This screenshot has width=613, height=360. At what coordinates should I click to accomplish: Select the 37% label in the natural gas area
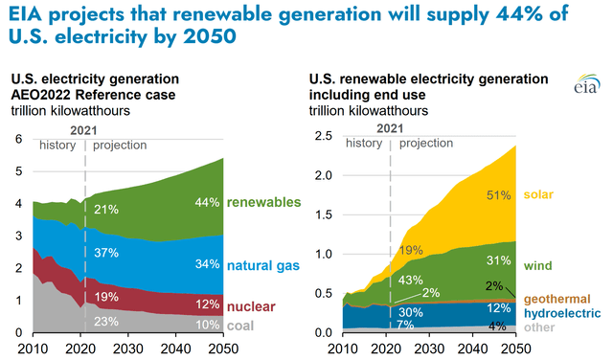(x=105, y=253)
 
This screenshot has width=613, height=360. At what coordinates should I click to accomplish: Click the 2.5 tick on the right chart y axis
(x=323, y=139)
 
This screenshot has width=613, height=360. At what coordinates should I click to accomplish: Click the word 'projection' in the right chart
(x=425, y=145)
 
